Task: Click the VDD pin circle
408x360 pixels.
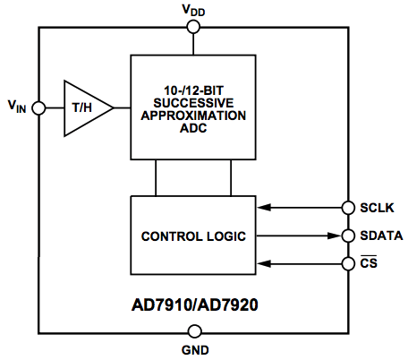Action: [x=193, y=27]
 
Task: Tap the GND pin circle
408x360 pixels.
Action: [x=195, y=331]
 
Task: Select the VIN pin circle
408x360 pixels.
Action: [x=38, y=107]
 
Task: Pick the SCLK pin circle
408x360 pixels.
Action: [x=348, y=208]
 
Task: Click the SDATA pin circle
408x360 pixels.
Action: [x=348, y=236]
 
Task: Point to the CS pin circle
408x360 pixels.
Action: [x=348, y=264]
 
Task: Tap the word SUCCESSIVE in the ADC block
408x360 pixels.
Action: [x=193, y=103]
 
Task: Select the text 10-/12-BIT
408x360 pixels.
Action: [x=193, y=90]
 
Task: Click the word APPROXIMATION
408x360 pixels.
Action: [x=193, y=116]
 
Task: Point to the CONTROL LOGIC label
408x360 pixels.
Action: [x=193, y=236]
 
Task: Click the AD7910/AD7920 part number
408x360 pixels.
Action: [x=195, y=305]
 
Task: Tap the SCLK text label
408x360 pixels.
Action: [x=377, y=208]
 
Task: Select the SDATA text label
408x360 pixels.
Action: [x=381, y=236]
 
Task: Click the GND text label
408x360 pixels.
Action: [x=195, y=350]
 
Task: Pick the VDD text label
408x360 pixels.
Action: [x=193, y=10]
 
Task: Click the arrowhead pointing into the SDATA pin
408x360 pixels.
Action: [x=335, y=236]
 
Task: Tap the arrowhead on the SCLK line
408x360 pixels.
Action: [x=264, y=208]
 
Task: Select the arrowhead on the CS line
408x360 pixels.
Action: [x=264, y=263]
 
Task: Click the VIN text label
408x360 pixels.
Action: [x=17, y=107]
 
